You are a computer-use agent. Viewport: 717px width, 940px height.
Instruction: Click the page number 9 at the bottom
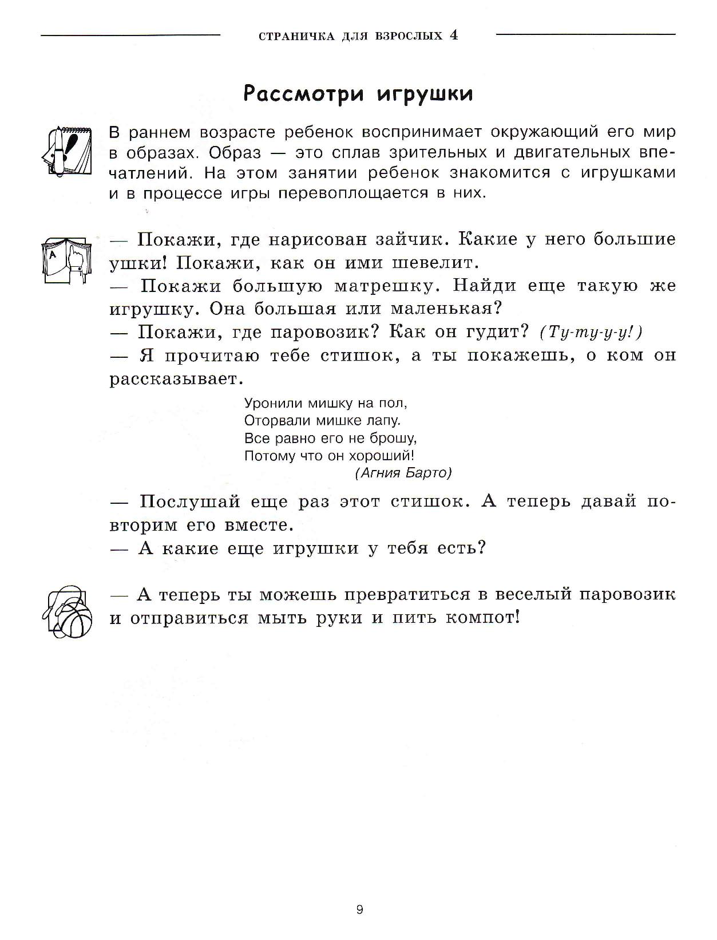click(x=359, y=910)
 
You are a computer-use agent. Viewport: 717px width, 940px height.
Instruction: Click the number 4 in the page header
click(x=454, y=35)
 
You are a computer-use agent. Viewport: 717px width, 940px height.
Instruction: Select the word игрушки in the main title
click(x=425, y=94)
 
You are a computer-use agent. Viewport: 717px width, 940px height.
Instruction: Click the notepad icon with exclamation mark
click(x=66, y=148)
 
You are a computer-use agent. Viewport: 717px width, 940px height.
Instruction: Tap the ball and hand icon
click(x=66, y=611)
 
